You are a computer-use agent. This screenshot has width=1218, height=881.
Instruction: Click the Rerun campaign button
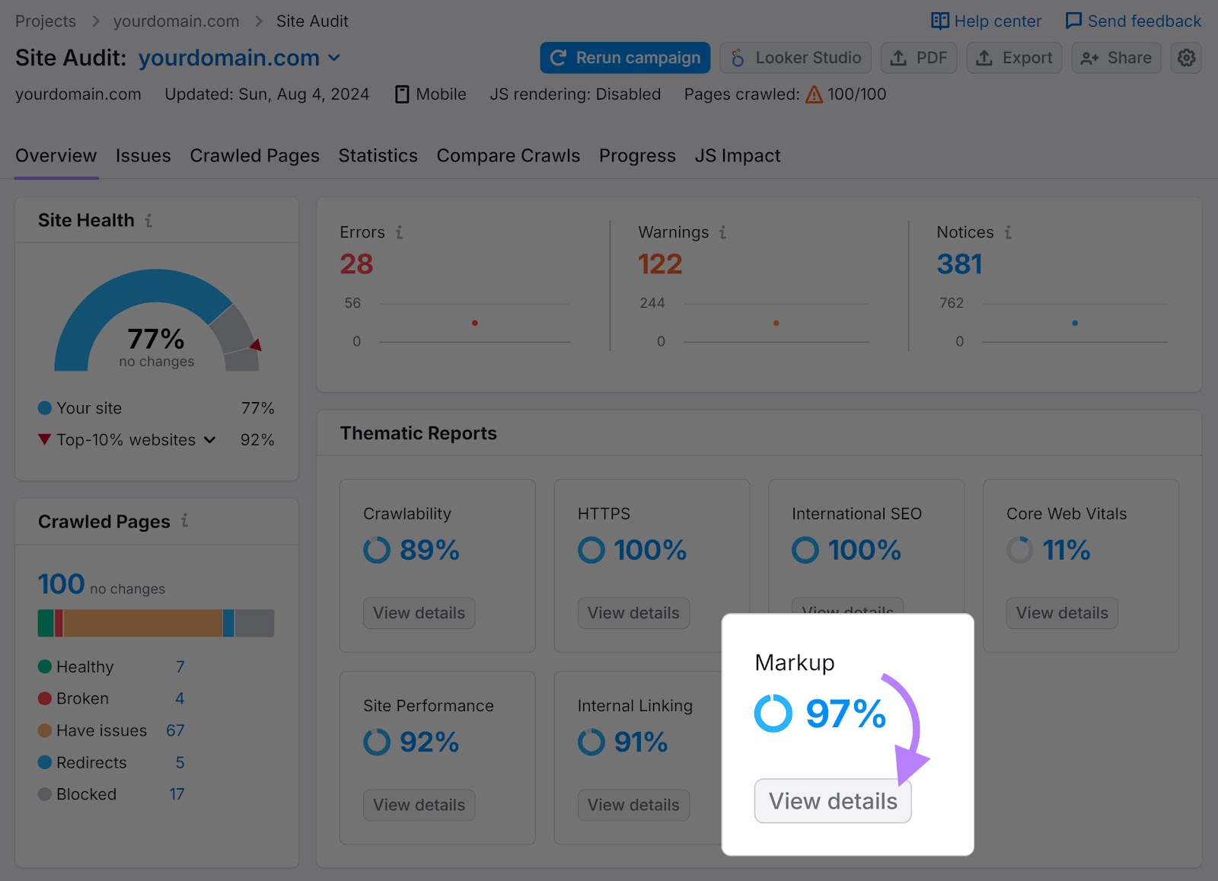coord(625,58)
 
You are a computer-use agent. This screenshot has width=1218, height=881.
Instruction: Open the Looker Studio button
coord(796,58)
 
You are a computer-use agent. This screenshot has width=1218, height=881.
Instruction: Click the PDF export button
coord(919,58)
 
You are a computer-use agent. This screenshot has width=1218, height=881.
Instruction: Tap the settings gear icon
coord(1186,58)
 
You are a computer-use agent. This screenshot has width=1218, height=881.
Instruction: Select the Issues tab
coord(143,156)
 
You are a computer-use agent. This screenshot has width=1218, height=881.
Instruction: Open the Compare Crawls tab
coord(508,156)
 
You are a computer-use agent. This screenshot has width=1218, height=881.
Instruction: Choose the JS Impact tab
coord(737,156)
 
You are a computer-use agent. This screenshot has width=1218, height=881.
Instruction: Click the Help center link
coord(987,21)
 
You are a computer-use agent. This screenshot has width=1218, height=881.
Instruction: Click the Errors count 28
coord(356,264)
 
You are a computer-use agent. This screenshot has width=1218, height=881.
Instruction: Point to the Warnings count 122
coord(660,264)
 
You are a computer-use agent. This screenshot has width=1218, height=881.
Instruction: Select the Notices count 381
coord(959,264)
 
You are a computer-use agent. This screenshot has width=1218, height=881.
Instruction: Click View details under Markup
coord(833,801)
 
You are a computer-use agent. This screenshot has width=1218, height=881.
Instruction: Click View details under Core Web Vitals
coord(1062,613)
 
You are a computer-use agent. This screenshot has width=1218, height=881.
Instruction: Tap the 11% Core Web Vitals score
coord(1066,550)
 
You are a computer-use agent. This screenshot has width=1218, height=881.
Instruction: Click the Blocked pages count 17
coord(177,794)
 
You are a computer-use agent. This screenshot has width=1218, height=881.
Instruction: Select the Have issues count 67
coord(175,730)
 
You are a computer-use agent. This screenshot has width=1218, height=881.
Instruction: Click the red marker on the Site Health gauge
coord(257,345)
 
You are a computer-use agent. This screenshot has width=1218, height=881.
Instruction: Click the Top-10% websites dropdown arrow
coord(210,440)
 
